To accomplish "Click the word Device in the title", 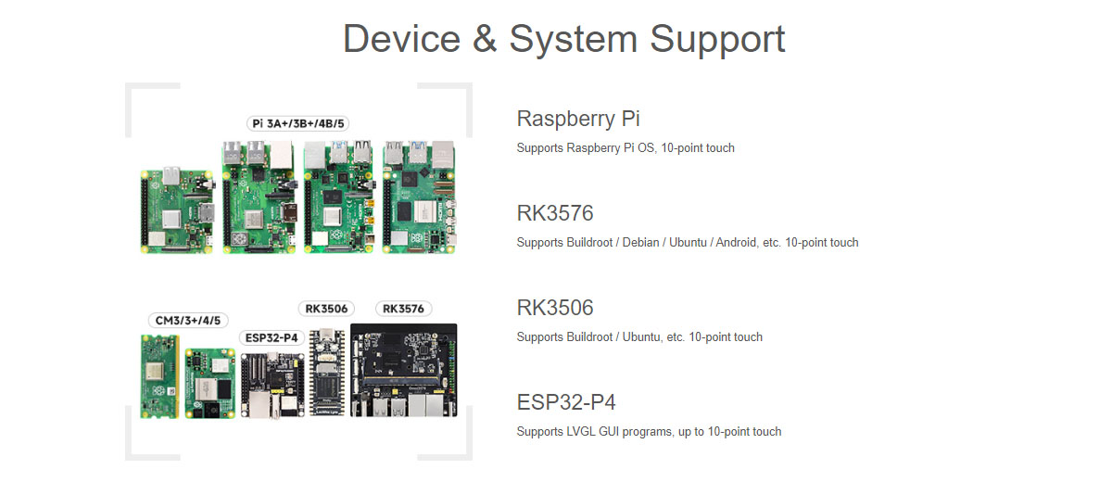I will pos(401,39).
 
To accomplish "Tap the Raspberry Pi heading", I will pos(578,119).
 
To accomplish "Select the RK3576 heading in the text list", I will pos(555,213).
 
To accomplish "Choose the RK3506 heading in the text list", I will pos(555,308).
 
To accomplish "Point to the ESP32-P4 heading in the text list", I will pos(566,402).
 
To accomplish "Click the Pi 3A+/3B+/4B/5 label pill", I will pos(302,123).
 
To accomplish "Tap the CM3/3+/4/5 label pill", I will pos(187,320).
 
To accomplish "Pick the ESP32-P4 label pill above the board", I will pos(270,337).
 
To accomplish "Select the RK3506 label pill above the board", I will pos(325,308).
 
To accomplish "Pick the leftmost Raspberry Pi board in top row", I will pos(179,210).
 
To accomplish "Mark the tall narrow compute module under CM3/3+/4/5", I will pos(159,375).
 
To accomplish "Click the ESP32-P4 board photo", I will pos(272,385).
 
